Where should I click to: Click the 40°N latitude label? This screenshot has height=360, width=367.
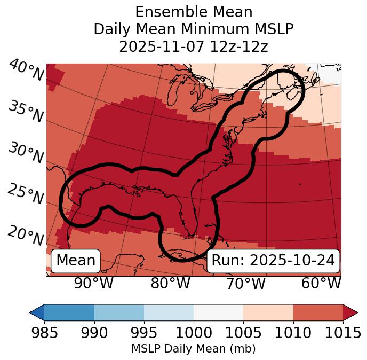point(26,71)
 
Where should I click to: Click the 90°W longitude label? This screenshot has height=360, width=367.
point(93,283)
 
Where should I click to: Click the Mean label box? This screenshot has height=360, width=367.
point(76,261)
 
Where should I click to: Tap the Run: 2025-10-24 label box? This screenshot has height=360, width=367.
point(273,261)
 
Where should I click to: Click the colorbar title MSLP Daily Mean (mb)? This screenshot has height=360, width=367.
point(193,349)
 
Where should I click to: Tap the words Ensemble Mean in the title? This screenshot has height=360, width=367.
point(193,12)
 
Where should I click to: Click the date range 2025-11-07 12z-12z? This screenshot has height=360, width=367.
point(193,46)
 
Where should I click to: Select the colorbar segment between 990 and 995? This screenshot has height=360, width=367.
point(119,312)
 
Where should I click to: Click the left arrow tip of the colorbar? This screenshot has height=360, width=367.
point(31,312)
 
